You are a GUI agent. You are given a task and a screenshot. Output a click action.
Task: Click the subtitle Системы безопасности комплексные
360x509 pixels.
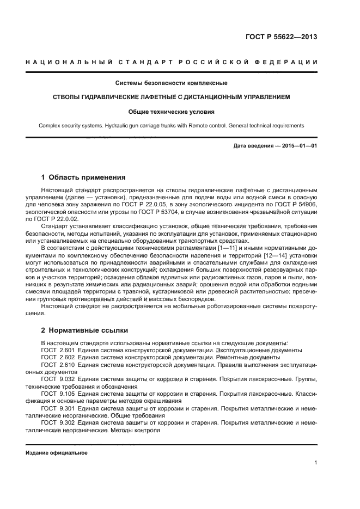(171, 83)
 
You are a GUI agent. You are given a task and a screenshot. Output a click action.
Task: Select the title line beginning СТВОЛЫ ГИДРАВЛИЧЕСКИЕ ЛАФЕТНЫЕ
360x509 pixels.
(171, 97)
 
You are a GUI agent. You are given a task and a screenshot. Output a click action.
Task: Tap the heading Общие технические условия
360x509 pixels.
(171, 112)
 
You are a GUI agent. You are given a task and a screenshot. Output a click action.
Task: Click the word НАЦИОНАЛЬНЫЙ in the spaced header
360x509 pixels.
(64, 63)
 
